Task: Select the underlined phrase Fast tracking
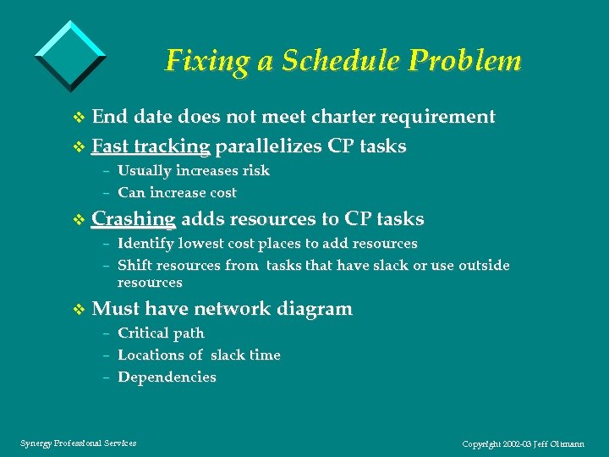(151, 146)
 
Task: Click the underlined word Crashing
(134, 219)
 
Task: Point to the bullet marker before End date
(80, 118)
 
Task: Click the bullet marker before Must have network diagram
(80, 310)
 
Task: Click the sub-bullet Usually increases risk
(194, 171)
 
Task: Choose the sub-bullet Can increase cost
(177, 193)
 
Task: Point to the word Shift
(134, 266)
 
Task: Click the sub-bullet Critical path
(161, 333)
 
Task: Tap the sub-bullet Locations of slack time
(199, 355)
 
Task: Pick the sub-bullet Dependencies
(167, 377)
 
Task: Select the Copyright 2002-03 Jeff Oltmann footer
(523, 443)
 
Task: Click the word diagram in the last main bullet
(315, 309)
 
